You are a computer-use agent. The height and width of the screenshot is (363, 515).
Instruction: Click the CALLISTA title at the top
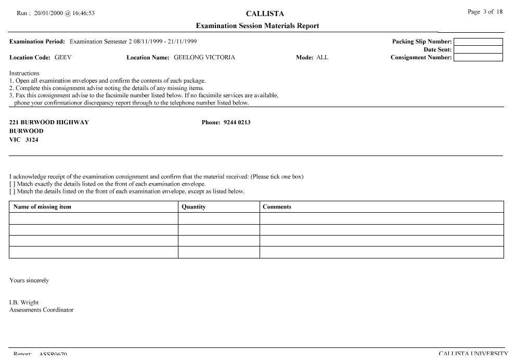click(265, 14)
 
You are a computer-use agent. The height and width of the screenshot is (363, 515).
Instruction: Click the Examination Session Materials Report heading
click(257, 26)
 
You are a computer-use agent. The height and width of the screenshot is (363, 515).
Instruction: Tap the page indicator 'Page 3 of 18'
click(485, 12)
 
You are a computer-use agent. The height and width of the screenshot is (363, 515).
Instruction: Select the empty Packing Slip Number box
click(478, 42)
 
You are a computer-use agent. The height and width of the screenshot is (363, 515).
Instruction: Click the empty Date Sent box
click(478, 49)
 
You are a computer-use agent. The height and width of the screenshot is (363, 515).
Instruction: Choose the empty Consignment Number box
click(478, 57)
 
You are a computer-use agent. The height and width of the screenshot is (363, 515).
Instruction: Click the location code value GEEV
click(63, 58)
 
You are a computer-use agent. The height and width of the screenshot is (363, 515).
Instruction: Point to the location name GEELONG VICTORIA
click(204, 58)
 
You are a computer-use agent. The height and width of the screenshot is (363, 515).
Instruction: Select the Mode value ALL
click(323, 58)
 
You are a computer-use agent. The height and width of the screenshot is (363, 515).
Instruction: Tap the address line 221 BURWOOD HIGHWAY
click(49, 123)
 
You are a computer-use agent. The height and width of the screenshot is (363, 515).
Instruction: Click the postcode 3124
click(32, 140)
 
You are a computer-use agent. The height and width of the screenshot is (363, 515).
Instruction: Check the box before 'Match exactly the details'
click(12, 184)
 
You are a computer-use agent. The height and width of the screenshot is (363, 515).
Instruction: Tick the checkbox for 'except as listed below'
click(12, 191)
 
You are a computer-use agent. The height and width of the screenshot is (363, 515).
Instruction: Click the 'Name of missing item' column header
click(42, 207)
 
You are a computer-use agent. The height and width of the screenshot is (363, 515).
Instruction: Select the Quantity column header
click(194, 207)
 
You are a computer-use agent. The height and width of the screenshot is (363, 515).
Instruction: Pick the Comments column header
click(277, 207)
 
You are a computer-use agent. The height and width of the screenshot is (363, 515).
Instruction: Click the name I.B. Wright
click(24, 303)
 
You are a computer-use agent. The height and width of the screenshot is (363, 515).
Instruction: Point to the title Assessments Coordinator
click(42, 310)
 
